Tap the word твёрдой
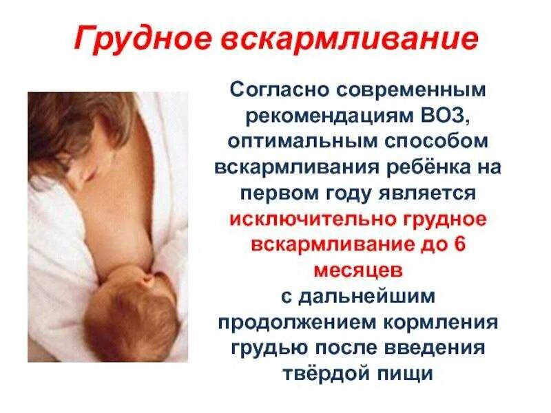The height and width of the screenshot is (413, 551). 323,373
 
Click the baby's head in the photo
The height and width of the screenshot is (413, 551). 131,310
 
